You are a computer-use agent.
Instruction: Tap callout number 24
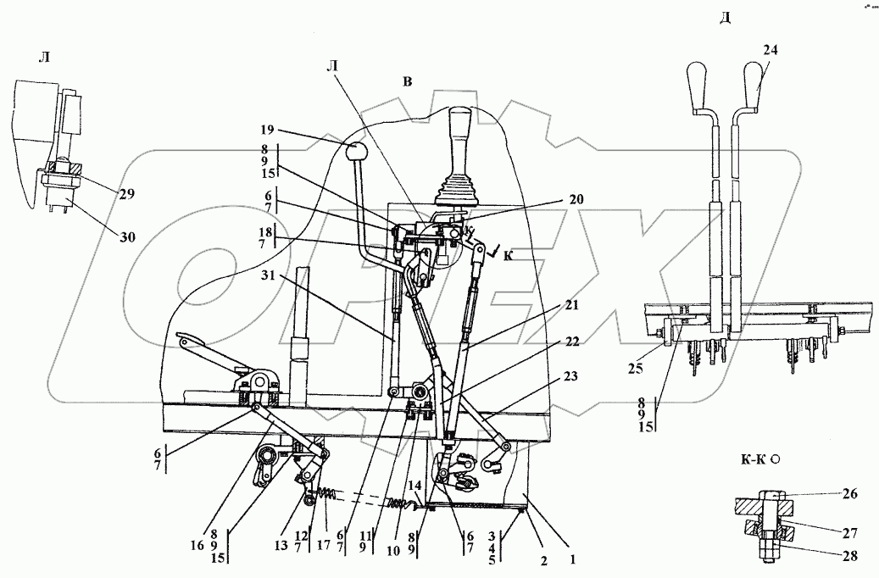(x=770, y=50)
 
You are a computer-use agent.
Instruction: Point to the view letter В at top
(x=408, y=81)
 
